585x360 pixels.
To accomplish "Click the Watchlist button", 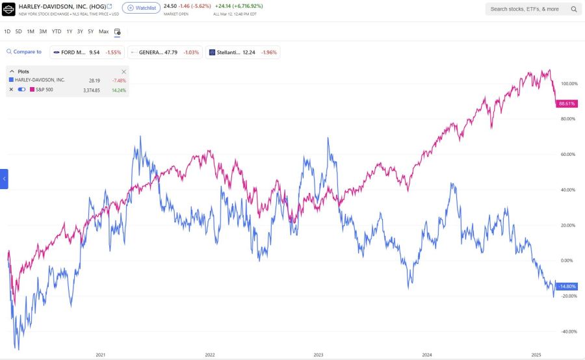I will point(141,8).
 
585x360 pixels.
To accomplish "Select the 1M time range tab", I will point(31,31).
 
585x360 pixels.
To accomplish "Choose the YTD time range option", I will point(57,31).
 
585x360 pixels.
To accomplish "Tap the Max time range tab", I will point(103,31).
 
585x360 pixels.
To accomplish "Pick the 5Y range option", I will point(90,31).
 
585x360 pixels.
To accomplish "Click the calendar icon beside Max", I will point(118,31).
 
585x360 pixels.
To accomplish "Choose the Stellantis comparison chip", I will point(242,52).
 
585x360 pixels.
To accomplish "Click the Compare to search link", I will point(24,52).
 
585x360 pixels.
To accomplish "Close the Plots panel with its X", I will point(123,71).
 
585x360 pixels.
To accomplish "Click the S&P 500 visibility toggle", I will point(21,90).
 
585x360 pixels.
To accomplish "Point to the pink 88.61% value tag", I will point(567,103).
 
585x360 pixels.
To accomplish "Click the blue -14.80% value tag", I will point(567,287).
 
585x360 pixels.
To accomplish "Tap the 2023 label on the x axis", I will point(318,355).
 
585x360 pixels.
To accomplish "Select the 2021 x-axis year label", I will point(101,355).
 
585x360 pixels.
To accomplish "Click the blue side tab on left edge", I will point(4,179).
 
